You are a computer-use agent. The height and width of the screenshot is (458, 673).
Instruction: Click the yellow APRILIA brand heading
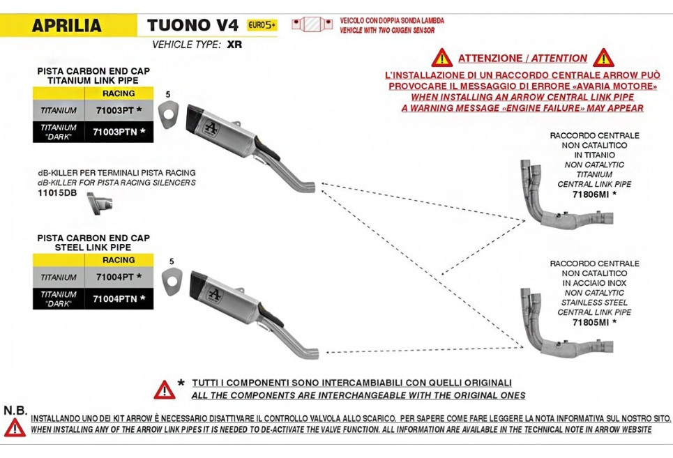tap(67, 26)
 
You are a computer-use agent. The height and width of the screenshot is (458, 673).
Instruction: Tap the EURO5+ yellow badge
tap(262, 25)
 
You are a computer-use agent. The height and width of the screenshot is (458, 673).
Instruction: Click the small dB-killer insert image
tap(98, 203)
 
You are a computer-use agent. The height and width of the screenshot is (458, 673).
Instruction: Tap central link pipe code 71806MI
tap(591, 194)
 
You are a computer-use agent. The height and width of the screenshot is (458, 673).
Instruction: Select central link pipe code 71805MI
tap(591, 322)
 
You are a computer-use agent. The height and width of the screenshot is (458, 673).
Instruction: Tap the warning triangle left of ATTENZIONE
tap(441, 58)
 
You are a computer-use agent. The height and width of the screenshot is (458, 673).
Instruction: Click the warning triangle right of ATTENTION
tap(603, 58)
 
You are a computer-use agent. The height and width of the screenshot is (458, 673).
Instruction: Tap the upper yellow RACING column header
tap(118, 93)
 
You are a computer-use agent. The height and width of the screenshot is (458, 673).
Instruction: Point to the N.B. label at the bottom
tap(15, 410)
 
